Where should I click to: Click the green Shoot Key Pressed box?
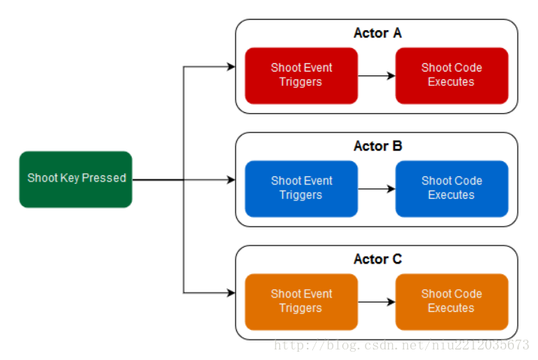pos(76,179)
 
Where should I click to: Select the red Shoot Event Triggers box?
pos(301,75)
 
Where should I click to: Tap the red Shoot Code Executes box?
pos(451,75)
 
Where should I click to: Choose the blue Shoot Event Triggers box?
pos(301,188)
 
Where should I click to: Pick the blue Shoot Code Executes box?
pos(451,188)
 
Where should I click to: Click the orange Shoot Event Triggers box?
pos(301,301)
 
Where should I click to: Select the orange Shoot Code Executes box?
pos(451,301)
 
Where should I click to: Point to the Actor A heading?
pos(378,33)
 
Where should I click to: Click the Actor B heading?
pos(378,146)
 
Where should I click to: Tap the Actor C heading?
pos(378,259)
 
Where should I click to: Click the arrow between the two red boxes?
pos(377,75)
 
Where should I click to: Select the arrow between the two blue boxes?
pos(377,188)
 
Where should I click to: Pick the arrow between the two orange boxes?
pos(377,302)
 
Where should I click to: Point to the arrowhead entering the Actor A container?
pos(231,66)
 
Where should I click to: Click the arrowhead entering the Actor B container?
pos(231,180)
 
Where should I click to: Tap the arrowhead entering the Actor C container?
pos(231,293)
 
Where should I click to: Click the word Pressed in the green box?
pos(104,178)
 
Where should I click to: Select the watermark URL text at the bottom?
pos(402,344)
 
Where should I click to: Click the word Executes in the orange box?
pos(451,308)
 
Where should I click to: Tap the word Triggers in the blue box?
pos(301,195)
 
